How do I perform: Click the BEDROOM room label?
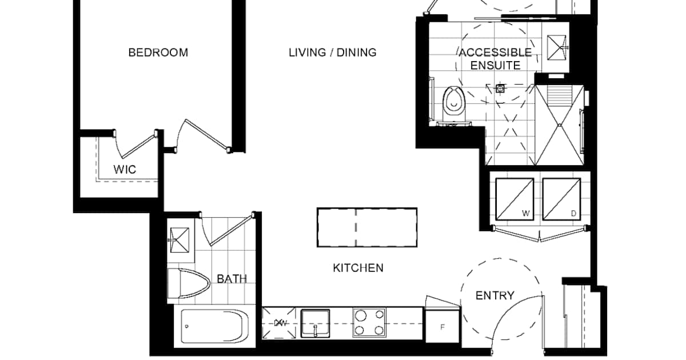(158, 53)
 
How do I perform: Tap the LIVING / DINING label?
(333, 53)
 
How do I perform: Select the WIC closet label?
(125, 170)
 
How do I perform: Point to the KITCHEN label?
(358, 268)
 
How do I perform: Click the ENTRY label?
(495, 296)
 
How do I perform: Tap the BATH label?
(232, 279)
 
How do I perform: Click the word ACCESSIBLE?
(495, 53)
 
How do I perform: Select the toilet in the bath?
(189, 283)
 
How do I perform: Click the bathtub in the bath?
(215, 326)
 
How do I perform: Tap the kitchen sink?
(315, 323)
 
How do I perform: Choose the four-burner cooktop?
(369, 323)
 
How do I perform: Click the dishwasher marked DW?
(279, 323)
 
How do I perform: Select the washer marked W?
(514, 199)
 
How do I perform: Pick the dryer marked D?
(561, 199)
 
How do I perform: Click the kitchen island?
(367, 227)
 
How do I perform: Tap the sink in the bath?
(180, 241)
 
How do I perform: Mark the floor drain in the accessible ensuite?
(500, 89)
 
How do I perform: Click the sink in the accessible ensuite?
(556, 47)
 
